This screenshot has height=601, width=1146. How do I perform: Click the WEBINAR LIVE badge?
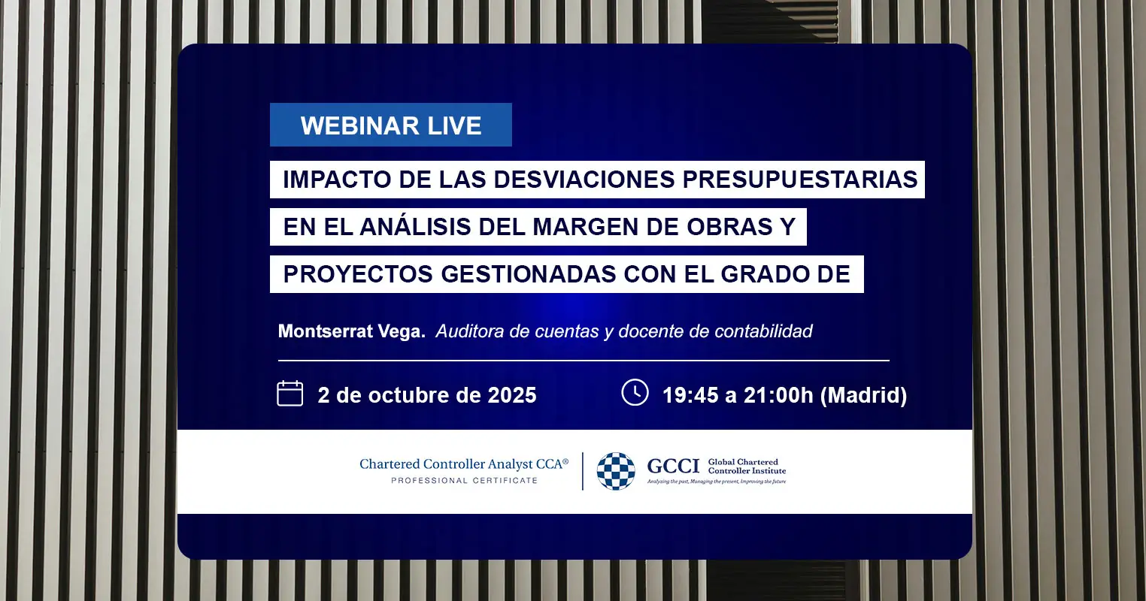pyautogui.click(x=391, y=125)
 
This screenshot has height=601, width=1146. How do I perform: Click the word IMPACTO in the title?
pyautogui.click(x=337, y=180)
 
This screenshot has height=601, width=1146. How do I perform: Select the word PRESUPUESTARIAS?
pyautogui.click(x=800, y=180)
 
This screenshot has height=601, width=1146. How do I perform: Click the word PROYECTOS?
pyautogui.click(x=358, y=274)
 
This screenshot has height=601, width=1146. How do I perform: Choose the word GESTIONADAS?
pyautogui.click(x=529, y=274)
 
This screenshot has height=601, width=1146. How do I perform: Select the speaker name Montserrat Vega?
pyautogui.click(x=352, y=331)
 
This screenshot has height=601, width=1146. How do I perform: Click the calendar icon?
pyautogui.click(x=290, y=394)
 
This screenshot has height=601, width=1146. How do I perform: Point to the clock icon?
pyautogui.click(x=635, y=392)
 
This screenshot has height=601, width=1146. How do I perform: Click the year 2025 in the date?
pyautogui.click(x=512, y=395)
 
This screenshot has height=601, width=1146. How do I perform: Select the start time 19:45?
pyautogui.click(x=690, y=395)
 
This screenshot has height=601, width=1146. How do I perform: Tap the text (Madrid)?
pyautogui.click(x=863, y=395)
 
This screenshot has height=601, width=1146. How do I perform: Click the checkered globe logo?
pyautogui.click(x=616, y=471)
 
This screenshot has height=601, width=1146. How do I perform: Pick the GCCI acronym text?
pyautogui.click(x=673, y=466)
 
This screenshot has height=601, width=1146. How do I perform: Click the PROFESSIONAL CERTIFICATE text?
pyautogui.click(x=465, y=480)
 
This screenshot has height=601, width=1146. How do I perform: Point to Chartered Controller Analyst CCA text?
pyautogui.click(x=464, y=464)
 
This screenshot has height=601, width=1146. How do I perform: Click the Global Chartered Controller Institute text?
pyautogui.click(x=747, y=466)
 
